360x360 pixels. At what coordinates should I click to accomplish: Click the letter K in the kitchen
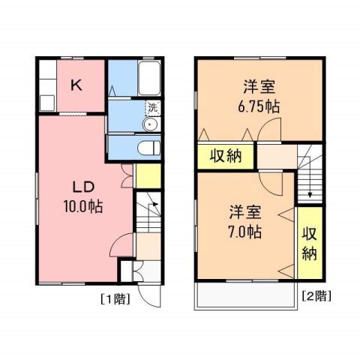tap(76, 85)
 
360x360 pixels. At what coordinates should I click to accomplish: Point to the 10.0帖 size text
tap(82, 205)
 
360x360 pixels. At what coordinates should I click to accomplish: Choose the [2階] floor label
tap(315, 296)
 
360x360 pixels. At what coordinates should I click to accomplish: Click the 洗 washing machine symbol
tap(152, 107)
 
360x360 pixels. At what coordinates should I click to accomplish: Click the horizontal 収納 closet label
tap(224, 157)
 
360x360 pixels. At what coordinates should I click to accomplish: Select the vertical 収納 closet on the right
tap(308, 243)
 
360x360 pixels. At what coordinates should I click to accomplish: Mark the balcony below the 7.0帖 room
tap(244, 297)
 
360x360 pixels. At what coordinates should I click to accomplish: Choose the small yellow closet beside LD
tap(149, 175)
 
